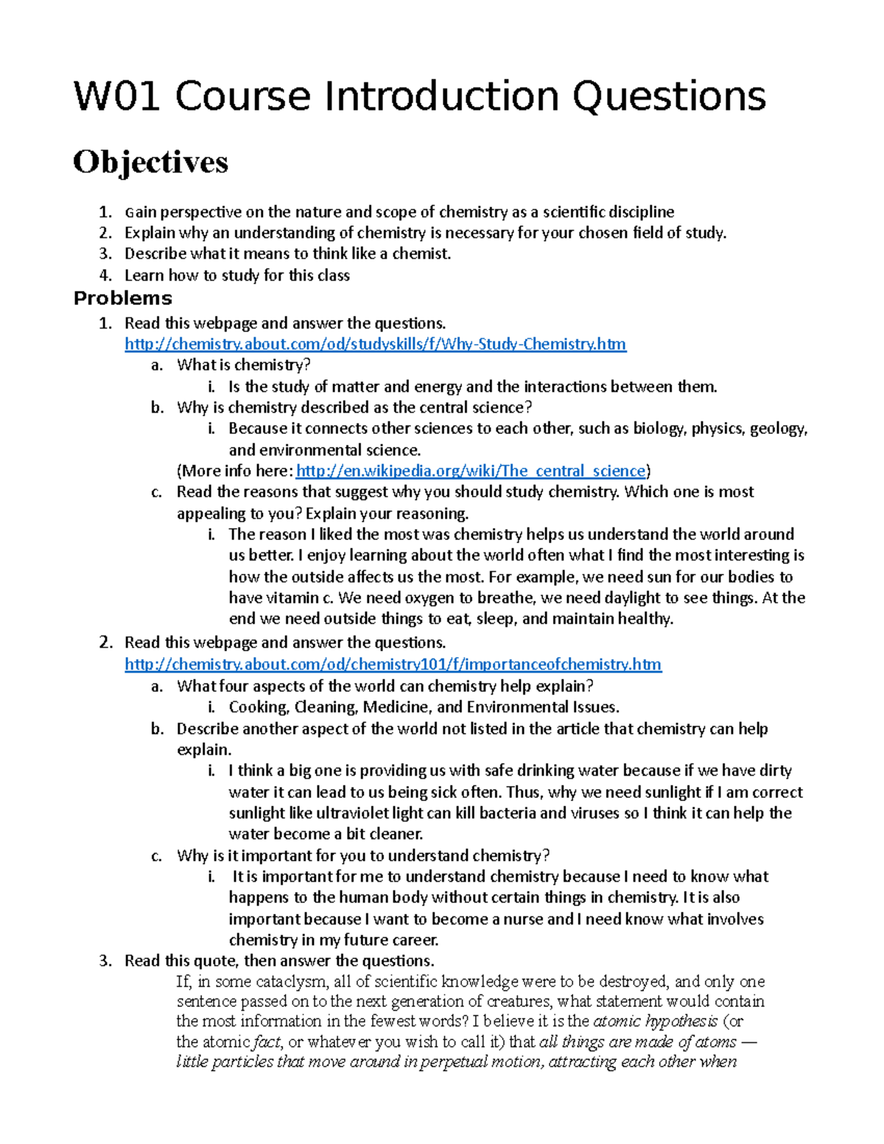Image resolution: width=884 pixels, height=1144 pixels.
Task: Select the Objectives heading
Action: (x=150, y=162)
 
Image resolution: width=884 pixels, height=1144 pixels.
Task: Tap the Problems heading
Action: (x=122, y=298)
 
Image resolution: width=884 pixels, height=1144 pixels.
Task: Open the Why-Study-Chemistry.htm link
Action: (x=375, y=344)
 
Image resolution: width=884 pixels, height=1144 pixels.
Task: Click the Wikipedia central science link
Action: (x=470, y=471)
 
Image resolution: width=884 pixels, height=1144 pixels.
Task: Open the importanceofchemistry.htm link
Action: (x=393, y=664)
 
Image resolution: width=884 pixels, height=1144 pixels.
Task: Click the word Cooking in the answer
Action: (x=258, y=707)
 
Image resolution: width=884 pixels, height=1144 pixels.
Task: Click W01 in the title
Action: (x=117, y=96)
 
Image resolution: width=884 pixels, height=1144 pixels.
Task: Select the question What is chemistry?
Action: (x=243, y=365)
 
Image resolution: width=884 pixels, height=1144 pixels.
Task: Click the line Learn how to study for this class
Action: (x=236, y=276)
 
